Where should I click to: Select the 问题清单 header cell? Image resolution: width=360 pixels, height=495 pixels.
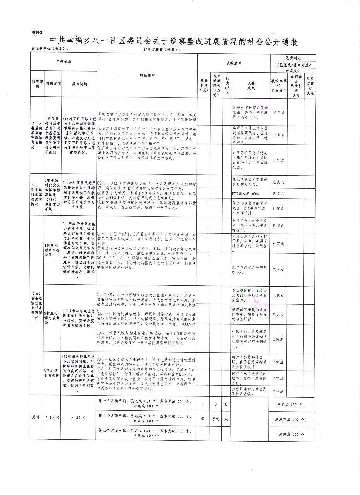click(x=64, y=62)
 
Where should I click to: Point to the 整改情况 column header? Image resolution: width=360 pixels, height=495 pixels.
click(x=147, y=75)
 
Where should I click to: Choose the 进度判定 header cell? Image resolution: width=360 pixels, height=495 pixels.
click(x=292, y=56)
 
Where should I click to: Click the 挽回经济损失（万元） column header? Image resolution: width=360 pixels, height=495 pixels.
click(x=217, y=83)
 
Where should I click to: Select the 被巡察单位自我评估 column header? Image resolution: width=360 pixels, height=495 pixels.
click(x=279, y=85)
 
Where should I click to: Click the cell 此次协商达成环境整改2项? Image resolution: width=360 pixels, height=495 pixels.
click(x=249, y=270)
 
